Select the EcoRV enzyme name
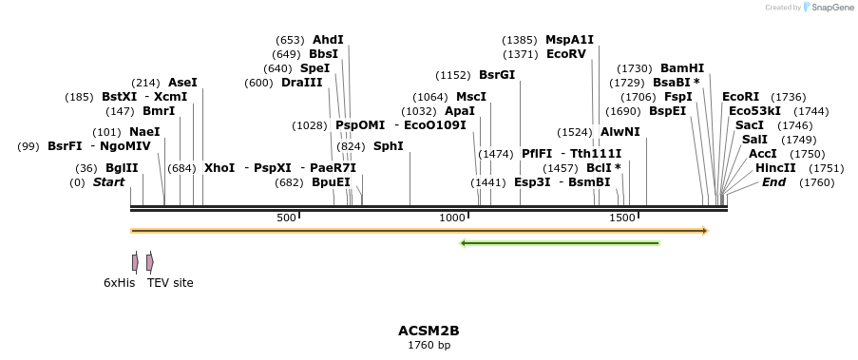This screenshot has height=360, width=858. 566,54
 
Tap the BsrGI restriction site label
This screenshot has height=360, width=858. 497,75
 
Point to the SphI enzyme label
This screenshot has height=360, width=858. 388,146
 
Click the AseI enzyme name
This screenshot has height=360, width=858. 182,83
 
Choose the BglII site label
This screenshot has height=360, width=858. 122,168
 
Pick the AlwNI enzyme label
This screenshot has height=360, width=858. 620,132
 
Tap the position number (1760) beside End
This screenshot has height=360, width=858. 816,182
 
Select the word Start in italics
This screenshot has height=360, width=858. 108,182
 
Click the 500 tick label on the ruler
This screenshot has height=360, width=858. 286,218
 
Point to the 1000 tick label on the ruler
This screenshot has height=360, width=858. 451,218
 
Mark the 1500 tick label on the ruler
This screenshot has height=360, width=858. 621,218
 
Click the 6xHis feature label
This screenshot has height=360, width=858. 120,282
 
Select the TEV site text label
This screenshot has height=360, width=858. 170,282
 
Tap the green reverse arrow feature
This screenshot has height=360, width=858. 560,243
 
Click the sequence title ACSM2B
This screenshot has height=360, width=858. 429,331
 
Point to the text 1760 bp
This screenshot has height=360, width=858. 429,345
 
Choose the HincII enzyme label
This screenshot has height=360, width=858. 775,168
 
